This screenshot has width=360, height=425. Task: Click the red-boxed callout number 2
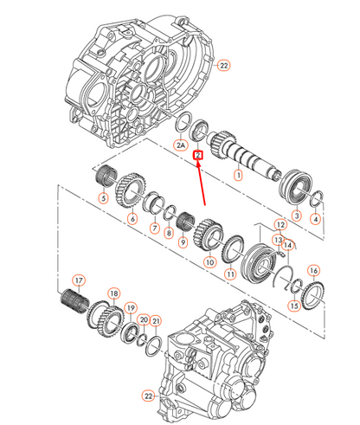[198, 156]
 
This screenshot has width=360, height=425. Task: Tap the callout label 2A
[181, 147]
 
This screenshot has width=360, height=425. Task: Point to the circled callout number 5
[103, 199]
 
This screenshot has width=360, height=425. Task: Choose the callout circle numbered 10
[209, 261]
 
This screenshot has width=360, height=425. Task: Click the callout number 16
[313, 270]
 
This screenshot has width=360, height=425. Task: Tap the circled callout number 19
[130, 308]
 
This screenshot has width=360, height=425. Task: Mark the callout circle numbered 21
[156, 321]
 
